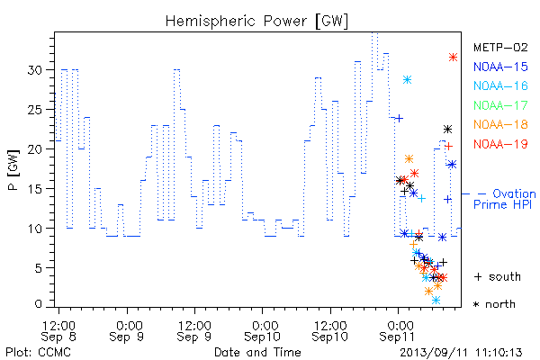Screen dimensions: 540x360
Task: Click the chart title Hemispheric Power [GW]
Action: (256, 22)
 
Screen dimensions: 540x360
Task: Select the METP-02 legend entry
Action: (500, 47)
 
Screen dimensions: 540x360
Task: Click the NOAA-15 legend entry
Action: (500, 67)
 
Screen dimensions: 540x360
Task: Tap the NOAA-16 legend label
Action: (500, 85)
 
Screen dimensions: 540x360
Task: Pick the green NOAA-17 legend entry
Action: (500, 105)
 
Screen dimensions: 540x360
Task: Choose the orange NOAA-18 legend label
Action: (500, 124)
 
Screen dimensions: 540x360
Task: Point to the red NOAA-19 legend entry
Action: (500, 144)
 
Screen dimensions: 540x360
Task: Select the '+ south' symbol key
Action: (498, 276)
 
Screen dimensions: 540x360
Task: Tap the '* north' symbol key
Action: (494, 304)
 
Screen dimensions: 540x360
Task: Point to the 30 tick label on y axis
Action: (34, 70)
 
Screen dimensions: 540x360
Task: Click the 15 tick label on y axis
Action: (34, 189)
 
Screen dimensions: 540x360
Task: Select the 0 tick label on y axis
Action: (38, 304)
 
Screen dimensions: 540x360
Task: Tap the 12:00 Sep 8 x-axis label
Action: (58, 331)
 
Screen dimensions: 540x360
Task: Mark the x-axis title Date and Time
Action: (257, 352)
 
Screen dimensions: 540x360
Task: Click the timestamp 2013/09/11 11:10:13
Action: (461, 353)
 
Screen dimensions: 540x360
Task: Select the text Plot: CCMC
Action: (38, 352)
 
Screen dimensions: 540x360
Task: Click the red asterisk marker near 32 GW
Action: (454, 58)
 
